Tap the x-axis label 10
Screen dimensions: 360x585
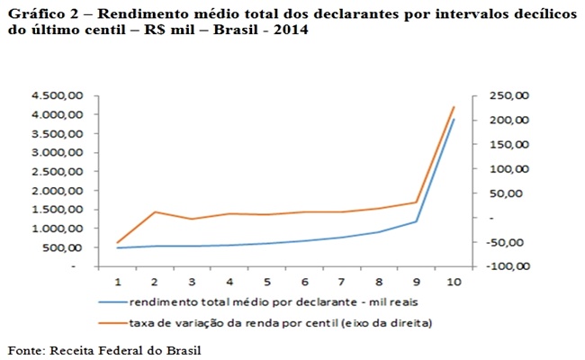tap(454, 283)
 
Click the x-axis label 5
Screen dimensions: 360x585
tap(267, 283)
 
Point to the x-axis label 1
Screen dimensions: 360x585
tap(118, 283)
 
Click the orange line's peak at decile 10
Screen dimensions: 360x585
tap(454, 107)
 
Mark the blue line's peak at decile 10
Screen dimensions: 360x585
tap(454, 120)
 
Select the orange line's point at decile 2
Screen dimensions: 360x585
tap(156, 211)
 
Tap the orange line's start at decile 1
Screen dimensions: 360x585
tap(118, 242)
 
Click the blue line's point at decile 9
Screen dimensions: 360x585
tap(416, 221)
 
